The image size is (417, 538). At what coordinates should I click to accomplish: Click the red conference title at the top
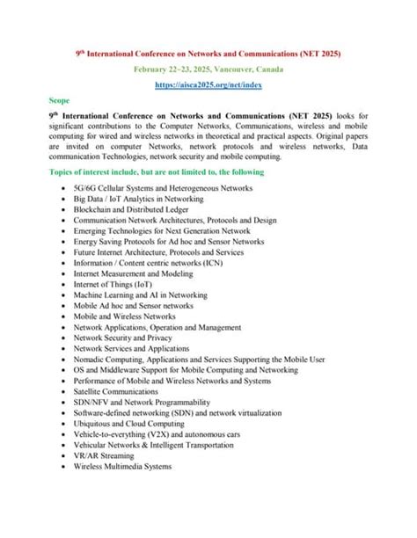pos(208,54)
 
